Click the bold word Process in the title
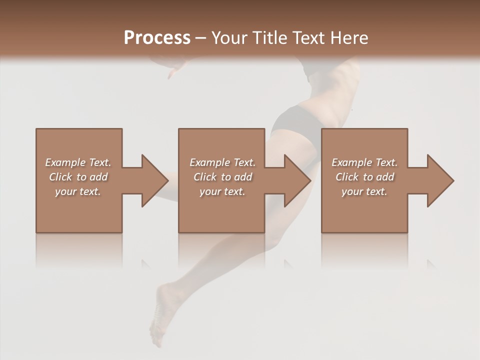point(157,38)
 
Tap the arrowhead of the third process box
point(440,180)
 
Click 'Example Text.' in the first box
point(78,162)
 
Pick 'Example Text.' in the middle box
point(222,162)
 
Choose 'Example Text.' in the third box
point(364,162)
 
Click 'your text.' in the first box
point(78,191)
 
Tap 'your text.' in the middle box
point(222,191)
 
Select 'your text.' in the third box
point(364,191)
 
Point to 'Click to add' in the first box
point(78,177)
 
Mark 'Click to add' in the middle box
point(222,177)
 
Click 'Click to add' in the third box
point(364,177)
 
